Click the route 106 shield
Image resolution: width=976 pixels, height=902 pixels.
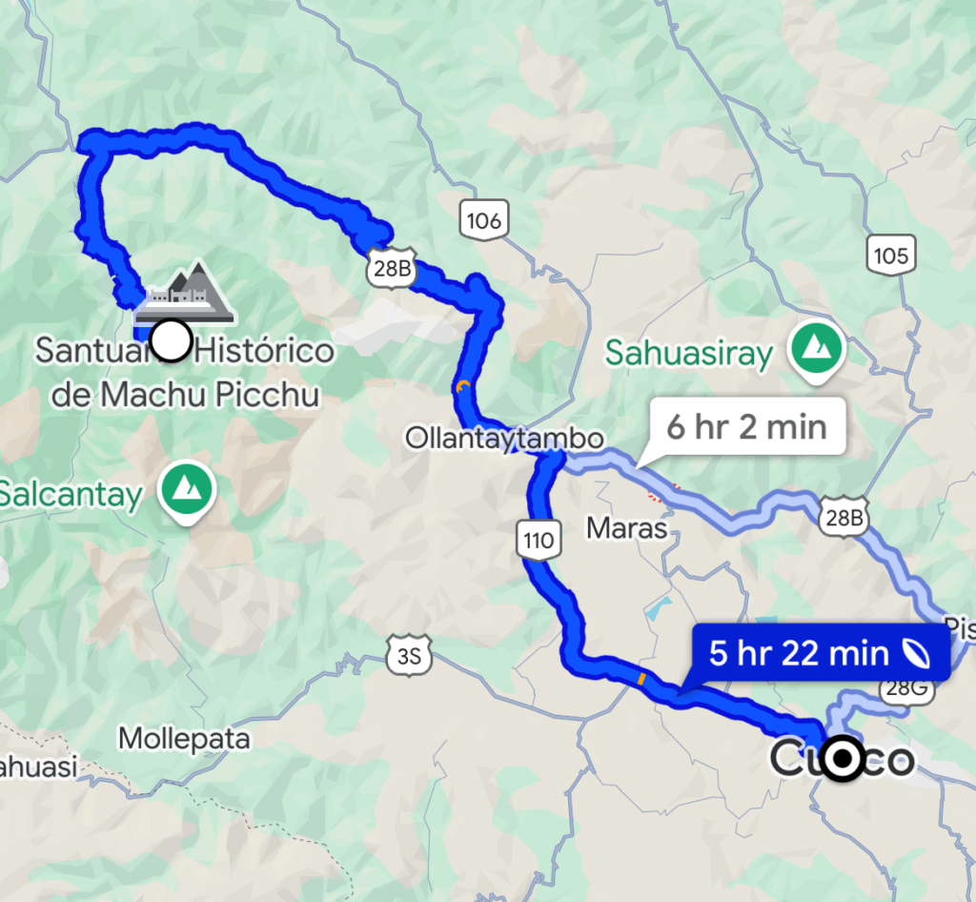(x=483, y=221)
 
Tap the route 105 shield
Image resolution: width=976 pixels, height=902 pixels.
(x=889, y=255)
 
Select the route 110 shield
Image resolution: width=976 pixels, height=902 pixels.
(x=538, y=541)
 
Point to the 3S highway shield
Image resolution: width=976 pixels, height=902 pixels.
(x=409, y=656)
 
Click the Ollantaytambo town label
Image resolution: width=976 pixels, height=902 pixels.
(x=504, y=439)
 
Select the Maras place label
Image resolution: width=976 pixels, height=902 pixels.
(x=625, y=526)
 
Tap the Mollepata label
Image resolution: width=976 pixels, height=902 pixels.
(x=185, y=738)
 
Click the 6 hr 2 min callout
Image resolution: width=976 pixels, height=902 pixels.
(x=745, y=425)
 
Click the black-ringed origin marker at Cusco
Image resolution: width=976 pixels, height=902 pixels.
(x=842, y=759)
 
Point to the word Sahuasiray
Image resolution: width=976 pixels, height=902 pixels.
(x=689, y=354)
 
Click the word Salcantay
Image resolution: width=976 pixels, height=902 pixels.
(x=71, y=494)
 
